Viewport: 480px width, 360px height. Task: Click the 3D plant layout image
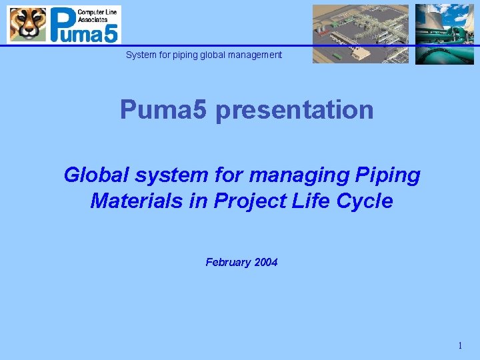pyautogui.click(x=361, y=33)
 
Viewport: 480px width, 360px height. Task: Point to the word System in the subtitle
pyautogui.click(x=141, y=55)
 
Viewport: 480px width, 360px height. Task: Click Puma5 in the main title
pyautogui.click(x=164, y=109)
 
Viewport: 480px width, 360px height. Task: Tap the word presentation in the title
pyautogui.click(x=295, y=109)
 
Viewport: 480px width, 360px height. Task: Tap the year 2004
pyautogui.click(x=266, y=263)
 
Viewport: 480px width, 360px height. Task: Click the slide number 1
pyautogui.click(x=459, y=345)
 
